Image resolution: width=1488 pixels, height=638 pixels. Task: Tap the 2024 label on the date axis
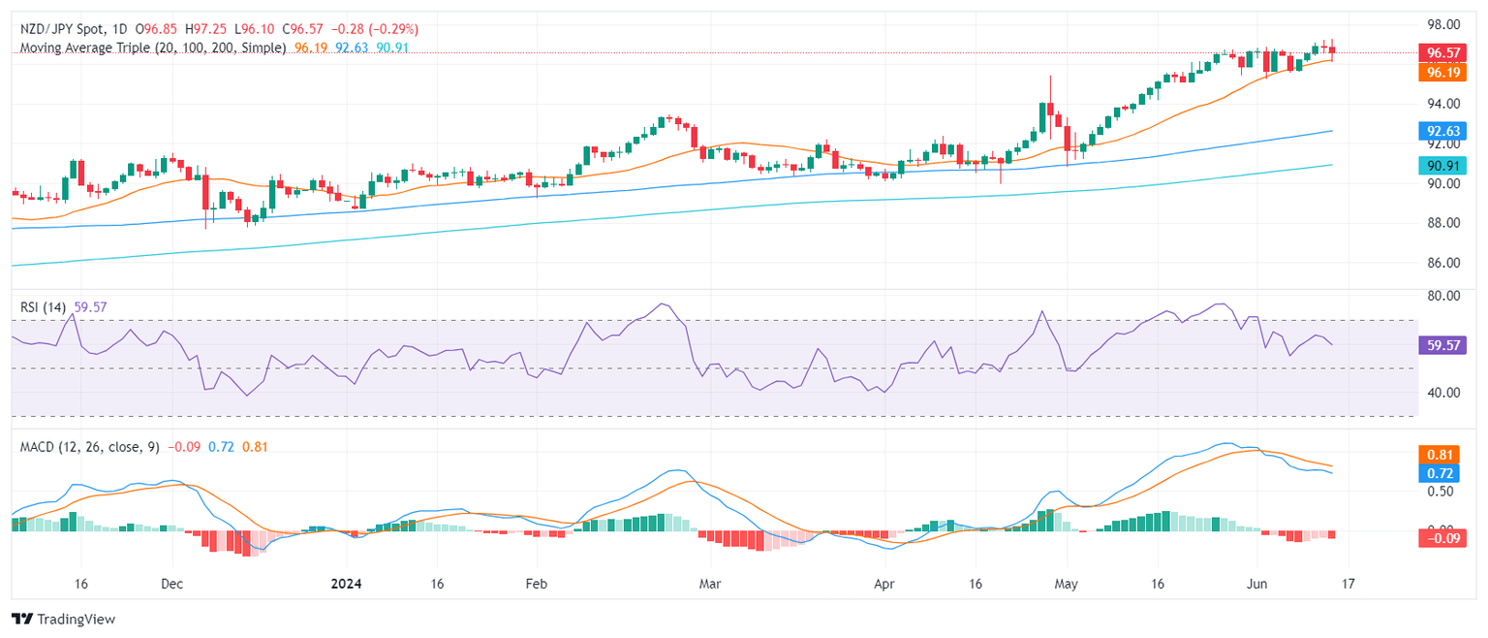click(346, 585)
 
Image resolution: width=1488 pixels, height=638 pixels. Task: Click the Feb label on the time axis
click(536, 585)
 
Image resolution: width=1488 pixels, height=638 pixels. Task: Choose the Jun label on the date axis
click(1257, 585)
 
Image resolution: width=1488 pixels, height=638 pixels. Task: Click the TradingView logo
click(63, 619)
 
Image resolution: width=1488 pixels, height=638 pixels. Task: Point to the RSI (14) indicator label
click(44, 307)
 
